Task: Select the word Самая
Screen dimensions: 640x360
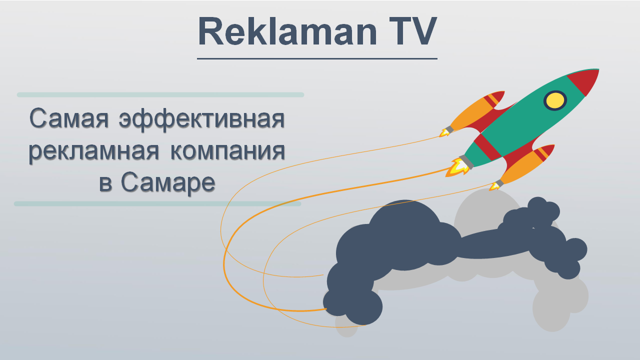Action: (x=69, y=118)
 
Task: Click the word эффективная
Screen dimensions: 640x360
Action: (x=201, y=120)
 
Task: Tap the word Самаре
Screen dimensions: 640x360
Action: (x=167, y=183)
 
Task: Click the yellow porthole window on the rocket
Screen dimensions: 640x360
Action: (x=555, y=100)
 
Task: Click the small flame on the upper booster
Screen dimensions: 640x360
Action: (x=444, y=132)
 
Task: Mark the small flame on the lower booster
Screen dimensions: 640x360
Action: (x=494, y=186)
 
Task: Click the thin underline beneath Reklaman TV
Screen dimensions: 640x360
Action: (x=317, y=58)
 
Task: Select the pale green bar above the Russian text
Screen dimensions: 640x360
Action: (x=160, y=95)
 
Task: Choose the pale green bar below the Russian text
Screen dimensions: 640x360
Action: (x=157, y=203)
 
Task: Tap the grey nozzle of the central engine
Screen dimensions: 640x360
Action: (x=466, y=162)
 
